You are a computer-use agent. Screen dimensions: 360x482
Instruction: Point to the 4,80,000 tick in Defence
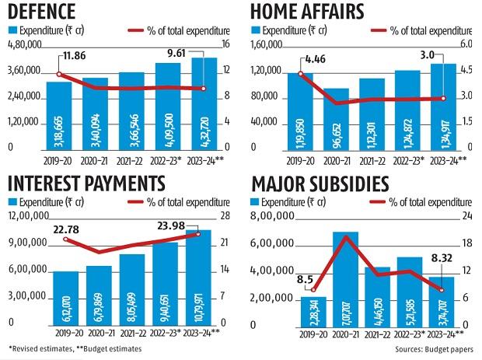point(24,45)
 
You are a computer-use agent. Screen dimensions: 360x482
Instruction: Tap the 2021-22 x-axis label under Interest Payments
point(131,332)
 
